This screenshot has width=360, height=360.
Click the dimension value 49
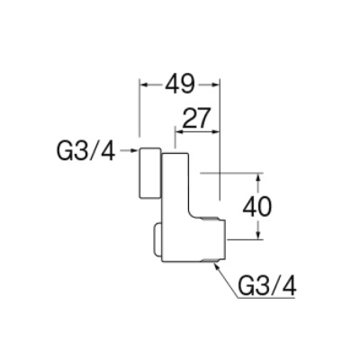pos(180,84)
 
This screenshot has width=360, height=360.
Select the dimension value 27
pos(195,118)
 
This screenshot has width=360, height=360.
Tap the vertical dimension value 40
pos(256,207)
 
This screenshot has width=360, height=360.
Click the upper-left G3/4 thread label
pos(85,151)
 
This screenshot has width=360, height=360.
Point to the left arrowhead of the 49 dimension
pos(145,85)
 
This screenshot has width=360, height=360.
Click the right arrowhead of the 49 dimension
pos(214,85)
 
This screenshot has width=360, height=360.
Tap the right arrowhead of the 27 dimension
pos(215,131)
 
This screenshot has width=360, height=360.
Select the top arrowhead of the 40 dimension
pos(258,179)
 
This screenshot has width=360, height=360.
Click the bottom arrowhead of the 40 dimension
pos(258,234)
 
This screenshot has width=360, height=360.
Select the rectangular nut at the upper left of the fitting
pos(149,173)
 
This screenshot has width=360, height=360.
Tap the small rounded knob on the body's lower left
pos(157,240)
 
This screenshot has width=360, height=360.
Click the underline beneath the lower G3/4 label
pos(265,298)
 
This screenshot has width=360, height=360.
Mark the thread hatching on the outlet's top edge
pos(210,217)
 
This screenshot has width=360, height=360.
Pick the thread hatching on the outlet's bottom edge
pos(210,260)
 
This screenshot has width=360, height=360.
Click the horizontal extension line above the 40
pos(231,173)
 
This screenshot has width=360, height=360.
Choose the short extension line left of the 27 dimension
pos(175,138)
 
